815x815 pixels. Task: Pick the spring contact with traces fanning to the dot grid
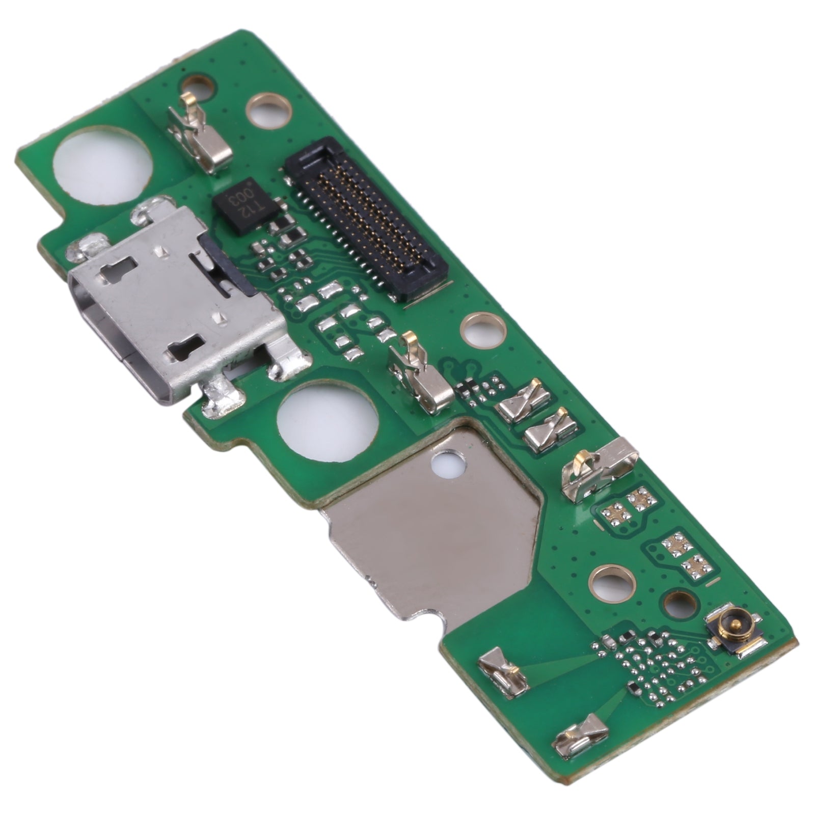(x=502, y=671)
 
